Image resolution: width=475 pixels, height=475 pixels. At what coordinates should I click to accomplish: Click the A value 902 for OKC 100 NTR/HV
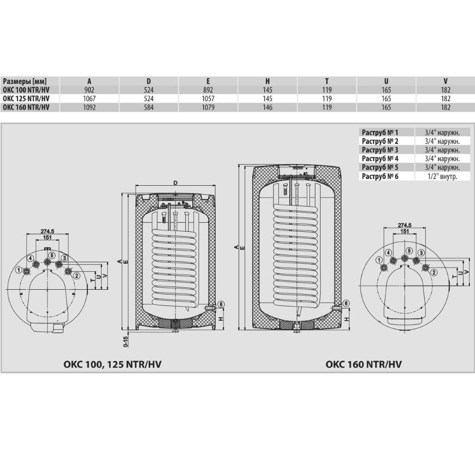89,90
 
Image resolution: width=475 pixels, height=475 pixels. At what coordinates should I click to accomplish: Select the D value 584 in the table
149,107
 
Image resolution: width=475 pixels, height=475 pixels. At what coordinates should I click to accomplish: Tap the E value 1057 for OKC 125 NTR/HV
208,99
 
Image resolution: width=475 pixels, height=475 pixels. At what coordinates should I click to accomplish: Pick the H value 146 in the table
267,107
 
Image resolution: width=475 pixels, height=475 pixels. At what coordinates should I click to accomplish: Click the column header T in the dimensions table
327,81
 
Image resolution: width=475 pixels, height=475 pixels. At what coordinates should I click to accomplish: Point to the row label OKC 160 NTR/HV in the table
26,107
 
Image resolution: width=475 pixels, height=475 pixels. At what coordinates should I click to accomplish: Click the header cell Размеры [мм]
25,81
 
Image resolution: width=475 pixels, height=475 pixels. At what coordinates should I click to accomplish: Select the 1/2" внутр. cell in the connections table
442,176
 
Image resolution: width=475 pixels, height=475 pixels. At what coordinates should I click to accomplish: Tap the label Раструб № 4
380,159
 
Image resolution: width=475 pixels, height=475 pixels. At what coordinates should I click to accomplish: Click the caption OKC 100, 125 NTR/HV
113,364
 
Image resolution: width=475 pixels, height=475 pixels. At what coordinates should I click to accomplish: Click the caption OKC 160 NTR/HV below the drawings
363,364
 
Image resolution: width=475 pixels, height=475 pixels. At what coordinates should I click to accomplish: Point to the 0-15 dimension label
126,341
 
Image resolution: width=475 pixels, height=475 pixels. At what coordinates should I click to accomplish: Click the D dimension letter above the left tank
175,183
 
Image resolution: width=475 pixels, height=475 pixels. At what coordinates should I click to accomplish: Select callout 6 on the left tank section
221,304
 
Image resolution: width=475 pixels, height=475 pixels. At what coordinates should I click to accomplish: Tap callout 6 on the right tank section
346,303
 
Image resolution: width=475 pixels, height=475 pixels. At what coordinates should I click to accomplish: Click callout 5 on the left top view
52,256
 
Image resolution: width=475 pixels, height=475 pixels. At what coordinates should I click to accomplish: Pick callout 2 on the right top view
434,272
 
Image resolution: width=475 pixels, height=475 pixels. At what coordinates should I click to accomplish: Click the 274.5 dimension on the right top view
405,225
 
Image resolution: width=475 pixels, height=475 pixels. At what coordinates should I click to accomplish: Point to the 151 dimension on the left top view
47,237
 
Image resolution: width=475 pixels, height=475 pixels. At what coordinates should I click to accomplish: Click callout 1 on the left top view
19,270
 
